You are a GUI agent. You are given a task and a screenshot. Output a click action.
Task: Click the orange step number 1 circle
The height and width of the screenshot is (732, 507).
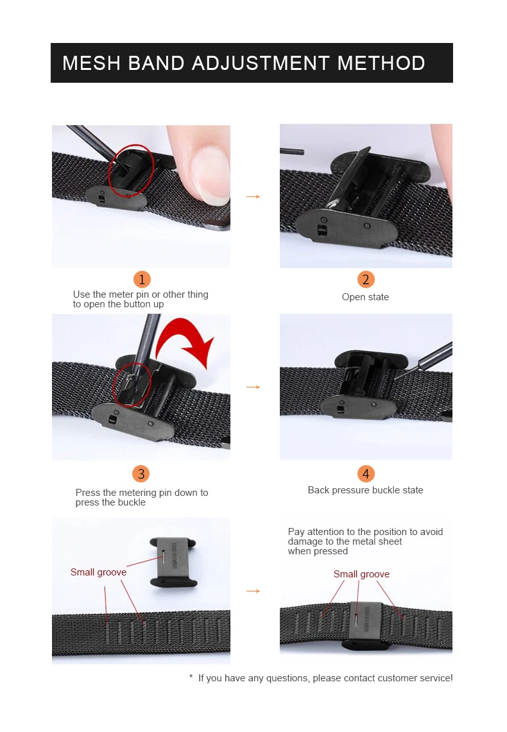(142, 279)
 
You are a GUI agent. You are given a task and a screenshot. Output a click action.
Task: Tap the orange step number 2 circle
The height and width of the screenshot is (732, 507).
(366, 279)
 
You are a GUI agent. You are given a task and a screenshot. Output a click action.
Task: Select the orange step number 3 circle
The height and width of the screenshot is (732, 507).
(141, 473)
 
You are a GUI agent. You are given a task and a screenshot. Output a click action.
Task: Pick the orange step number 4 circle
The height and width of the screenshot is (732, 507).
(366, 473)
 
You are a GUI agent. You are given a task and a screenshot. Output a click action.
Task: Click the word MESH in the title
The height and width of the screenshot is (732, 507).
(92, 63)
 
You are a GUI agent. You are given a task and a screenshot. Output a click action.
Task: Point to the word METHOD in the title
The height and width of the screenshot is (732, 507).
(381, 63)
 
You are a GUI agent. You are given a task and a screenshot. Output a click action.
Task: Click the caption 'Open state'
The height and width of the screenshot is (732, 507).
(365, 297)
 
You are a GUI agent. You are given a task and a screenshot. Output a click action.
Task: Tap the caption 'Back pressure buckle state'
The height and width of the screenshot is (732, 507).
(366, 490)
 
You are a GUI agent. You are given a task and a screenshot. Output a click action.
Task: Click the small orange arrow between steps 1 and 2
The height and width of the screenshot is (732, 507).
(253, 196)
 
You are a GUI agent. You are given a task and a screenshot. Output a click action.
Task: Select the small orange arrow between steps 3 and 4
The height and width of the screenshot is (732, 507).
(253, 387)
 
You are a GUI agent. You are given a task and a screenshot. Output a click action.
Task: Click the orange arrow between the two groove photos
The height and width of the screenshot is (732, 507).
(253, 591)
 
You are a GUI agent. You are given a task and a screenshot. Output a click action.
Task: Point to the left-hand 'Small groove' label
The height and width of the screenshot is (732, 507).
(98, 572)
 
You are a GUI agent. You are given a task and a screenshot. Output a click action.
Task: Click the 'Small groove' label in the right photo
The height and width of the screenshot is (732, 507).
(361, 574)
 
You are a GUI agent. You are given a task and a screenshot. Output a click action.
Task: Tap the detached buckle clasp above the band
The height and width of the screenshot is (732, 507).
(173, 562)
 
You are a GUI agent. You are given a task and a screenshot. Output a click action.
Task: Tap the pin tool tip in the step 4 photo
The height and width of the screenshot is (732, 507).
(395, 379)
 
